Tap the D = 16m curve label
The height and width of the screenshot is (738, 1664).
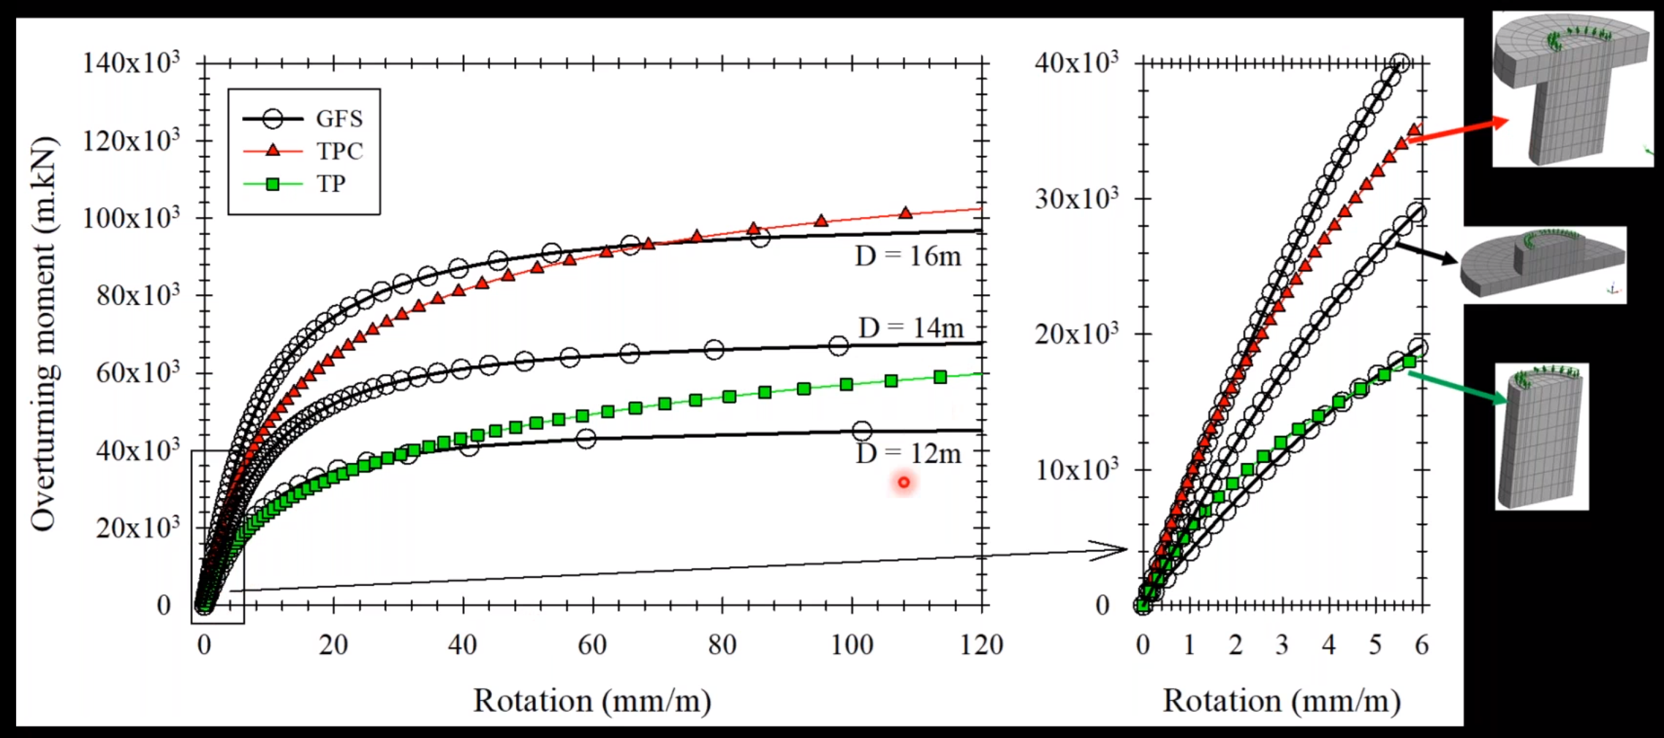pyautogui.click(x=907, y=257)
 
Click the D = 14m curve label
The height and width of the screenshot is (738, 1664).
pyautogui.click(x=910, y=328)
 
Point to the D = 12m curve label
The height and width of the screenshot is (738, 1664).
pyautogui.click(x=908, y=454)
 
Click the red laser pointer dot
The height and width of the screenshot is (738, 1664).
pyautogui.click(x=904, y=482)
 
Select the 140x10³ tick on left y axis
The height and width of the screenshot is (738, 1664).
pyautogui.click(x=131, y=64)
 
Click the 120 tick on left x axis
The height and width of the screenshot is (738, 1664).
pyautogui.click(x=981, y=645)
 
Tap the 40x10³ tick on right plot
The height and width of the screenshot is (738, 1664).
pyautogui.click(x=1075, y=64)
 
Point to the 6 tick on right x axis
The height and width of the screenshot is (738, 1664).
pyautogui.click(x=1421, y=645)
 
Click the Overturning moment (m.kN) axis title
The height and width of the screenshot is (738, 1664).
pyautogui.click(x=43, y=333)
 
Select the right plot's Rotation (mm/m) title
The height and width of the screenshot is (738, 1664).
pyautogui.click(x=1281, y=701)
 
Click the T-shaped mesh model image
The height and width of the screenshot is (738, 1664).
pyautogui.click(x=1572, y=89)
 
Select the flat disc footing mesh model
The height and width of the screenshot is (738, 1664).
pyautogui.click(x=1543, y=264)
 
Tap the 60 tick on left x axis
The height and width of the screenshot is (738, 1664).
pyautogui.click(x=591, y=645)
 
